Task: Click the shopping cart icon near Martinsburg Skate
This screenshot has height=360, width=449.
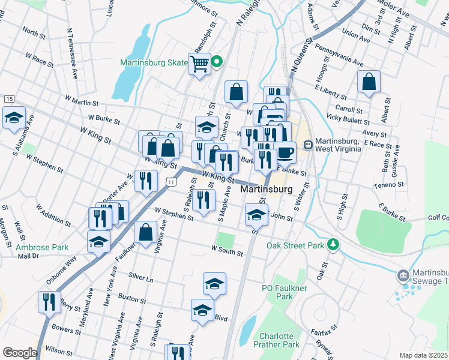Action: click(199, 63)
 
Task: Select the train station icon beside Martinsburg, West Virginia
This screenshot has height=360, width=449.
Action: click(308, 145)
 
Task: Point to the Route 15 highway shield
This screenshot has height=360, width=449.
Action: click(8, 98)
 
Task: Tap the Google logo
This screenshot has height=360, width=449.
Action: click(19, 353)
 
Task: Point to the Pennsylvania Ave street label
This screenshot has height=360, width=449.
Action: click(339, 54)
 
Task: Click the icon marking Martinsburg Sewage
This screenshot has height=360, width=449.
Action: click(402, 276)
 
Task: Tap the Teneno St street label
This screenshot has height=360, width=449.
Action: click(391, 185)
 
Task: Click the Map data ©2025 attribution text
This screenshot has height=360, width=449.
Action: click(423, 355)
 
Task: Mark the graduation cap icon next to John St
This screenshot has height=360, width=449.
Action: click(256, 214)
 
